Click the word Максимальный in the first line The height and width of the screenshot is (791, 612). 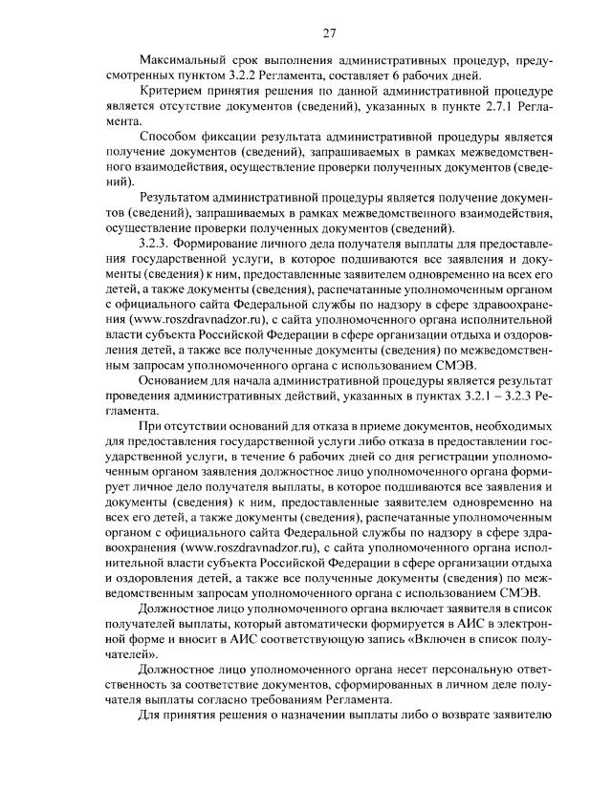tap(182, 61)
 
